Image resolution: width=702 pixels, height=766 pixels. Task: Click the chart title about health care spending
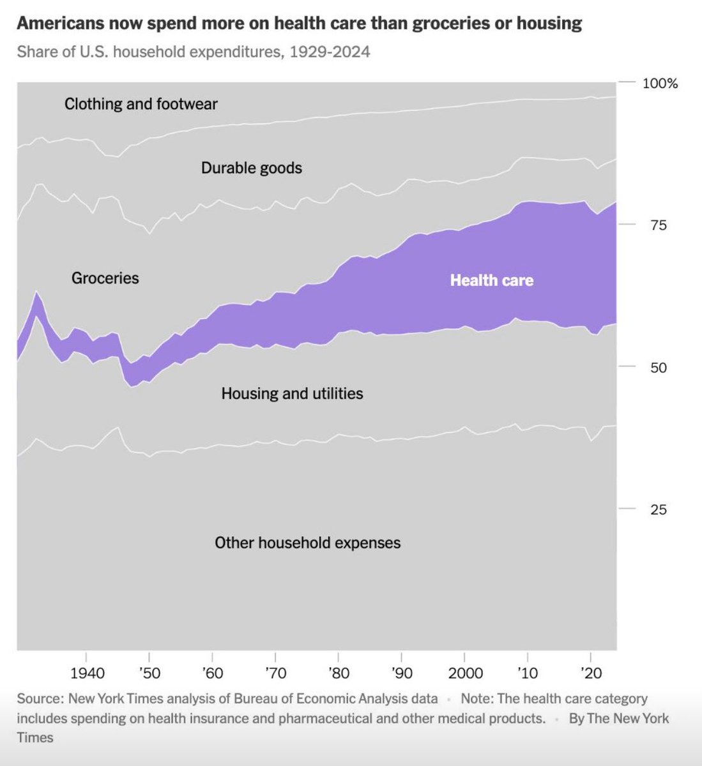(x=299, y=24)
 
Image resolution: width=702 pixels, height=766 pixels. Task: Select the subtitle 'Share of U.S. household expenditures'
(x=194, y=52)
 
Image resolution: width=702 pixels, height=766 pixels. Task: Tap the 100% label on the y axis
(x=660, y=84)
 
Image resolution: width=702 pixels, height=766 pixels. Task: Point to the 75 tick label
(x=659, y=225)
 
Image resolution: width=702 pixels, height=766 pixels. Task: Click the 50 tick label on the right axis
(x=659, y=368)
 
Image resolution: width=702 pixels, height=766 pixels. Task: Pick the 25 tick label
(x=659, y=509)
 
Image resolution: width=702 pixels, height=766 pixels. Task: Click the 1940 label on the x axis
(x=88, y=673)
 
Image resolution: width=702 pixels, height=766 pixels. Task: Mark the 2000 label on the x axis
(x=464, y=673)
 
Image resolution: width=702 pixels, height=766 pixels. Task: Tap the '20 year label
(x=591, y=673)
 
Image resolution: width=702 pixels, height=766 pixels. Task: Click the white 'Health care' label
(x=491, y=280)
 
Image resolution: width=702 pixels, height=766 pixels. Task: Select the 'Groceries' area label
(x=105, y=278)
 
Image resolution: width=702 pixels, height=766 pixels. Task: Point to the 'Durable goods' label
(x=252, y=168)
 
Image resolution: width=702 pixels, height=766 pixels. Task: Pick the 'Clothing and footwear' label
(x=141, y=103)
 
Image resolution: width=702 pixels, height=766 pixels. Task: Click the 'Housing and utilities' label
(x=292, y=393)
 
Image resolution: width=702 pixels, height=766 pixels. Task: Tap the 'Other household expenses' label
(x=308, y=543)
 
